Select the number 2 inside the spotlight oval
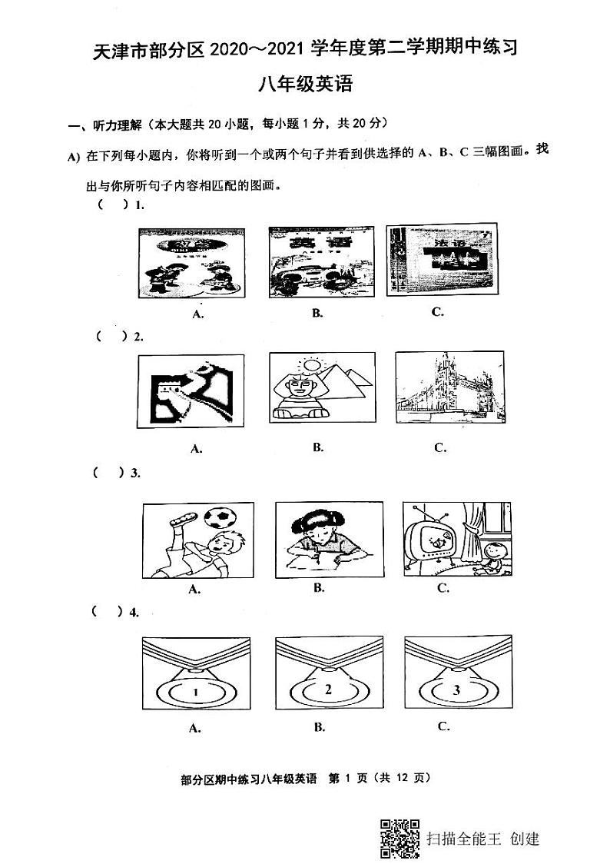328,690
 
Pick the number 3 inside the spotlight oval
456,690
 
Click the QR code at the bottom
399,836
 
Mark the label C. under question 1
437,311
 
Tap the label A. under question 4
195,728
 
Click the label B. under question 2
318,447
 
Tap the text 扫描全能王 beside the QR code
463,837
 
